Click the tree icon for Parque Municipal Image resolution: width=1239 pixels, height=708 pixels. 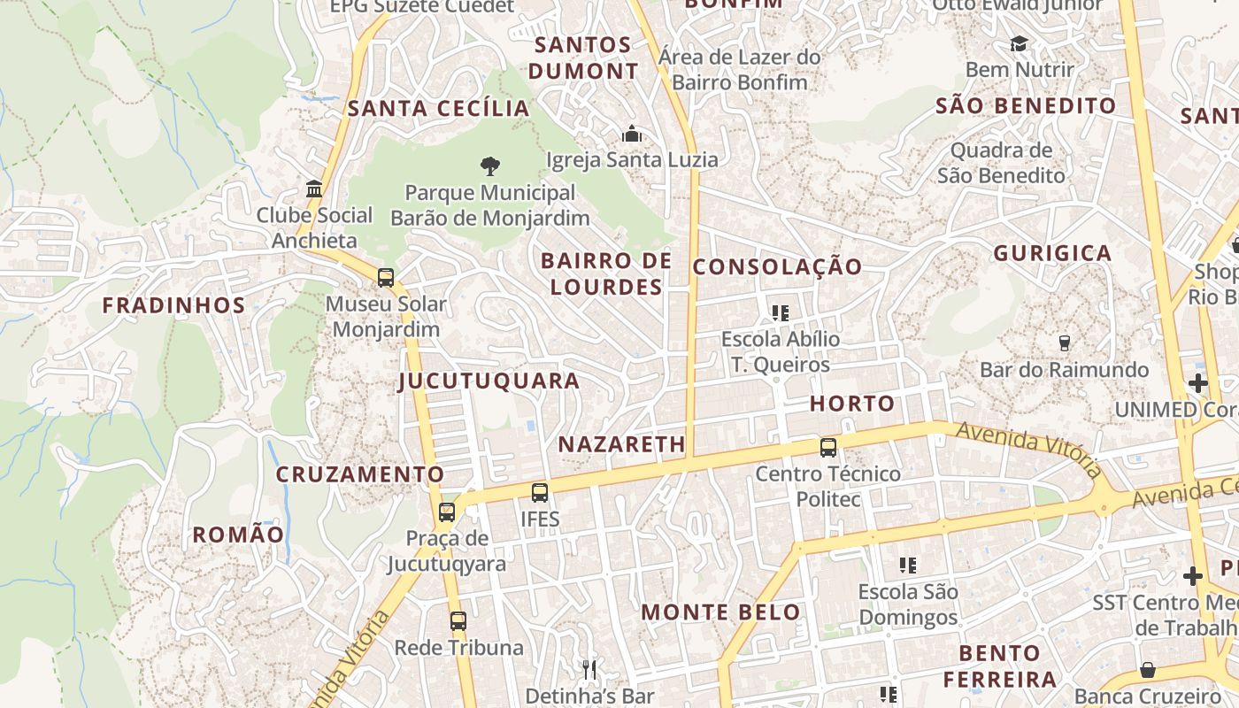(489, 165)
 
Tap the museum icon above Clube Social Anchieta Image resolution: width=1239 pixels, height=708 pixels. (314, 189)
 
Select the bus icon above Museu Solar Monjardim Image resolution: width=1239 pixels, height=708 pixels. (386, 277)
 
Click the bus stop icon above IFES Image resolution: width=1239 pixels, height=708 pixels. (540, 492)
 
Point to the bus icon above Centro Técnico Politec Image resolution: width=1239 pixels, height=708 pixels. (828, 447)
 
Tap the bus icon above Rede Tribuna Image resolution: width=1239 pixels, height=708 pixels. (458, 620)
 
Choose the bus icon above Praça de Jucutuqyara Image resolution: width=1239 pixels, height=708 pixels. (447, 512)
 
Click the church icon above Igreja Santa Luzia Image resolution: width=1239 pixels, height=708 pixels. (632, 134)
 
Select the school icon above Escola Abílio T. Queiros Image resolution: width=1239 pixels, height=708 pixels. (780, 312)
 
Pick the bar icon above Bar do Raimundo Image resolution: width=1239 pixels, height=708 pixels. (1065, 342)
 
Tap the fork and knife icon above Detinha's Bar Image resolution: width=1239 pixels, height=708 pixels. (589, 669)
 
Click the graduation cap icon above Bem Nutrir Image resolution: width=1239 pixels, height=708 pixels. (1020, 43)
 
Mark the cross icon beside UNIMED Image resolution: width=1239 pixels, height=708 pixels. (1198, 383)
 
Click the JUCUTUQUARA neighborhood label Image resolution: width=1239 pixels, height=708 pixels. (489, 381)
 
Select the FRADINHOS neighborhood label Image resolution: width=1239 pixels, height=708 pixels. (173, 305)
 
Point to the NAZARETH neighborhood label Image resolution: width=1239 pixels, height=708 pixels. (622, 444)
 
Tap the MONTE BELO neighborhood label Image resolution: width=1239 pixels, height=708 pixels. (720, 612)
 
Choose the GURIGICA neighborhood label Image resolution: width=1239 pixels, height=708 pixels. (1052, 253)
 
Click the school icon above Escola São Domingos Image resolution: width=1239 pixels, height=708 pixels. (907, 565)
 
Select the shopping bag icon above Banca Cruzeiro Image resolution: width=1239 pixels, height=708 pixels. (1148, 669)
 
